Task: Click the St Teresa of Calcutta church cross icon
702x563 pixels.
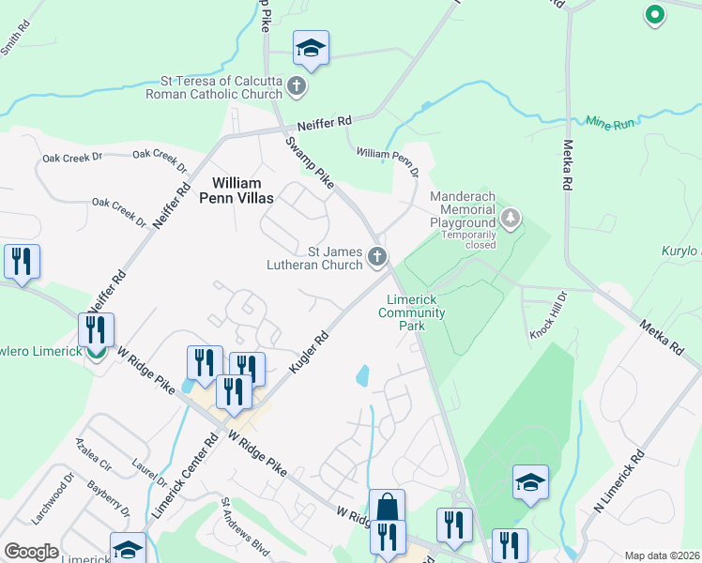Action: tap(297, 87)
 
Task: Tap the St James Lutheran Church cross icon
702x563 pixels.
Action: tap(376, 256)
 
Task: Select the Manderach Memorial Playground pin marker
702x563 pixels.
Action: tap(510, 219)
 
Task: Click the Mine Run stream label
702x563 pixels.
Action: tap(611, 122)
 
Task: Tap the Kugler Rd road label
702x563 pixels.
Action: tap(308, 353)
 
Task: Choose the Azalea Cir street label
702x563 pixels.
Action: tap(96, 453)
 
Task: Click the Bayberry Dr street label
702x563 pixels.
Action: tap(109, 498)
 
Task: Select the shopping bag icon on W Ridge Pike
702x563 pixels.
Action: tap(387, 508)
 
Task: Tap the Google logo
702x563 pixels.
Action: tap(31, 552)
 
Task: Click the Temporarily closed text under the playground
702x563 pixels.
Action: tap(468, 245)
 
